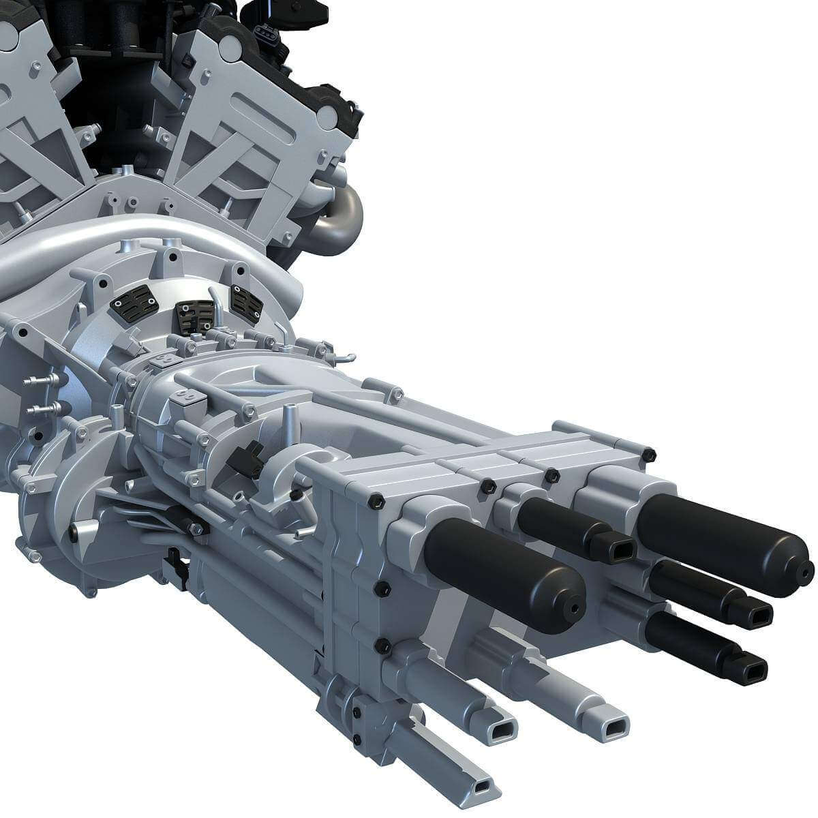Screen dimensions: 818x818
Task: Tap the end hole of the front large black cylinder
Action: [x=575, y=608]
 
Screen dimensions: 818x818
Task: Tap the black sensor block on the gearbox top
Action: [x=247, y=458]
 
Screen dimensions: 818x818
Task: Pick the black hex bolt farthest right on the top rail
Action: [x=648, y=453]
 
